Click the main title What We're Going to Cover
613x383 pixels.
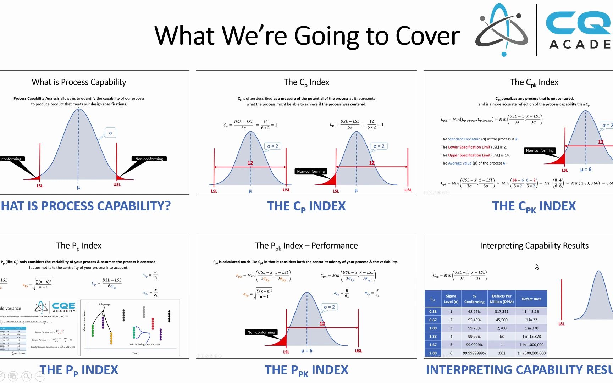[x=307, y=35]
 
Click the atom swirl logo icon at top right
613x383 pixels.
[x=502, y=30]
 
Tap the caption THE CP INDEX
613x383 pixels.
[x=306, y=206]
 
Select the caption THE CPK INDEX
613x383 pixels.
[x=534, y=206]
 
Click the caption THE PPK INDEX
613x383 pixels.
[x=306, y=370]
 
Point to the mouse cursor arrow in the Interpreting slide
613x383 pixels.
[x=536, y=266]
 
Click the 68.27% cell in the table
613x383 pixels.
[x=474, y=312]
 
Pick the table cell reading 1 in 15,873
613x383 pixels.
[x=531, y=337]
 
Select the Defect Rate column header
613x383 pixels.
[x=531, y=299]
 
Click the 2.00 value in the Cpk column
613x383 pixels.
[x=433, y=353]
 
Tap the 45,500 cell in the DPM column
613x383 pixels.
[x=501, y=320]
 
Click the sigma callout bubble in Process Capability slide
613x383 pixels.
[x=110, y=133]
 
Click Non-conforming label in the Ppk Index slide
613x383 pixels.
[x=261, y=332]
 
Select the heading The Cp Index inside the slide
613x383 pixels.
[x=306, y=82]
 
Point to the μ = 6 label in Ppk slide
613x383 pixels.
[x=306, y=351]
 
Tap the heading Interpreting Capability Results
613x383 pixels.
[x=534, y=246]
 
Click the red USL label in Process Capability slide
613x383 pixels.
[x=117, y=185]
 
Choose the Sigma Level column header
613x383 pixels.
[x=451, y=299]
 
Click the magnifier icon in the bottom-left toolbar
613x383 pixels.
[x=26, y=376]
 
